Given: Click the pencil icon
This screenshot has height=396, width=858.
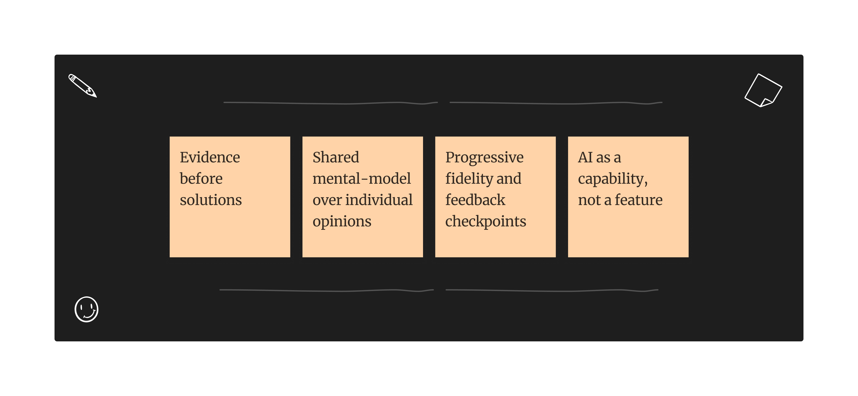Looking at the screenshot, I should (x=82, y=85).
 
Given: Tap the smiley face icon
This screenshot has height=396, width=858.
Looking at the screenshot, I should (x=86, y=309).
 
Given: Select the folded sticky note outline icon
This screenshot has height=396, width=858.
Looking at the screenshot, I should (x=763, y=90).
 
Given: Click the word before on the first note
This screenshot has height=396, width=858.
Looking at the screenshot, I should (x=201, y=179).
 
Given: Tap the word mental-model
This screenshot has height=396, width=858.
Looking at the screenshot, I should (x=361, y=179).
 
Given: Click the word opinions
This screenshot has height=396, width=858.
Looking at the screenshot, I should (x=342, y=221).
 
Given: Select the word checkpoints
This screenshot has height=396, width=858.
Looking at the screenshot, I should (x=486, y=221).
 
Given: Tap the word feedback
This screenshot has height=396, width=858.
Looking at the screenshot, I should (x=475, y=200).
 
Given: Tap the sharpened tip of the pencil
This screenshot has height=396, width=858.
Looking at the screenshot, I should (x=95, y=96).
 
